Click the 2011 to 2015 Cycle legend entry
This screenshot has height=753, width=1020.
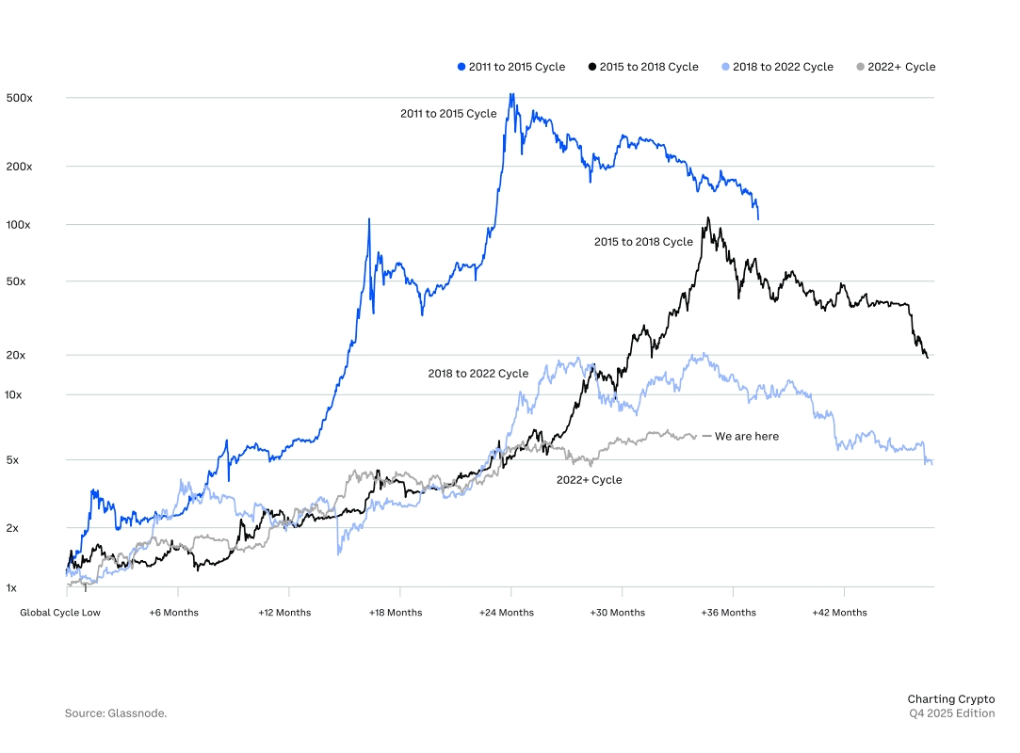point(511,67)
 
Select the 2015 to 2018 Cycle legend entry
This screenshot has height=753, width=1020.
point(643,67)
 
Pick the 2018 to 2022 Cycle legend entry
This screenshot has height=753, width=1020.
point(778,67)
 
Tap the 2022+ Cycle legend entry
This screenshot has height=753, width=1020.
point(896,67)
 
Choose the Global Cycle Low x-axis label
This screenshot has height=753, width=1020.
point(60,613)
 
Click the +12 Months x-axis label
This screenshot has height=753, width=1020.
point(284,613)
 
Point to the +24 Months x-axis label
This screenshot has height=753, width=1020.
point(508,613)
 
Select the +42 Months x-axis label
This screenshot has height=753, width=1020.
point(840,613)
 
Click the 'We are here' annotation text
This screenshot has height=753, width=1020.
point(746,437)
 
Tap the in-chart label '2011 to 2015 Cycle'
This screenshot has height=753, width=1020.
point(448,114)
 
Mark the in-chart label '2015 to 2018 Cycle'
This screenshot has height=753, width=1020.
point(643,242)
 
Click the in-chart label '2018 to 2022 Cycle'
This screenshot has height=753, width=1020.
point(478,374)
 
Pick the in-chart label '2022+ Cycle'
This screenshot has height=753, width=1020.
point(589,480)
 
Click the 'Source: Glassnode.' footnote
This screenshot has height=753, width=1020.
point(116,713)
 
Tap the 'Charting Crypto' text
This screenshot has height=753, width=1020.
point(950,699)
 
